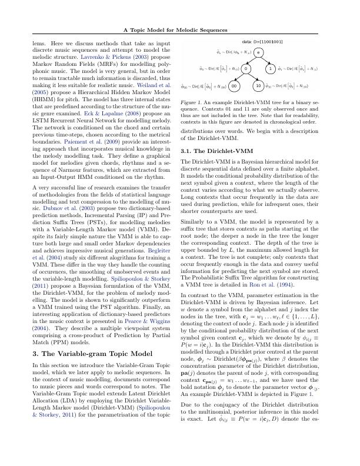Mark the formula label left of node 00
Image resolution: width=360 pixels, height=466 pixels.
[x=207, y=86]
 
